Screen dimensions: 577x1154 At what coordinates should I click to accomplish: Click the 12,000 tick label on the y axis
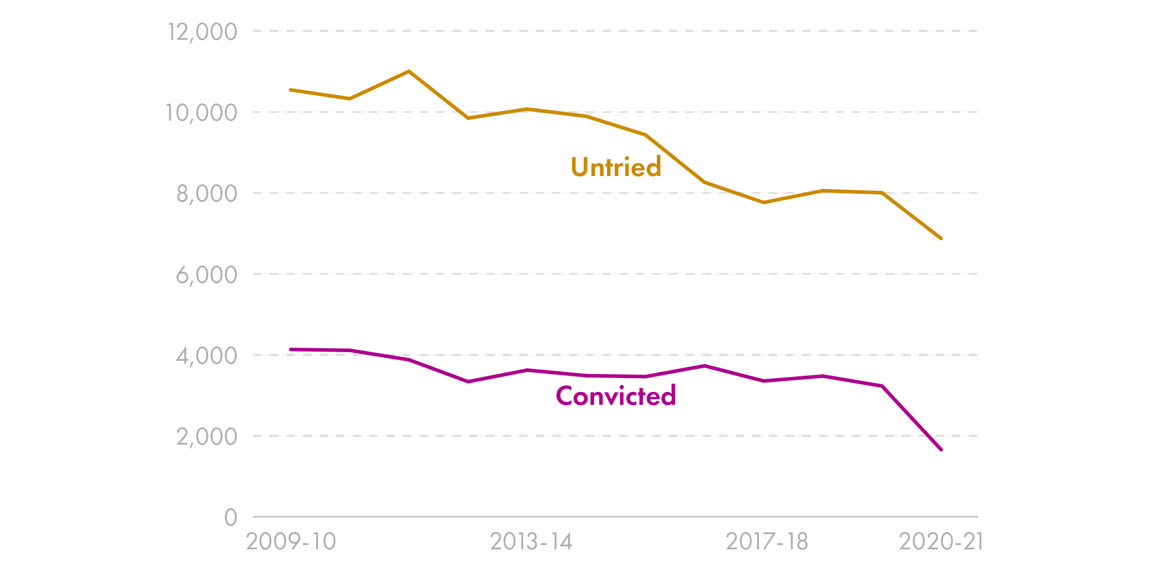coord(202,32)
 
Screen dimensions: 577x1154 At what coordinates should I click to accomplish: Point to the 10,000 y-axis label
coord(201,113)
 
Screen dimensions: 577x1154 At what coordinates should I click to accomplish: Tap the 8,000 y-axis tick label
coord(206,194)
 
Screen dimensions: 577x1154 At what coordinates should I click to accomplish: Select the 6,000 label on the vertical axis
coord(206,275)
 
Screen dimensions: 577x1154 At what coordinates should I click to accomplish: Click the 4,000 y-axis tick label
coord(206,356)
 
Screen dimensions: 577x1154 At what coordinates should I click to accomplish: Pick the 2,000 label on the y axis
coord(206,437)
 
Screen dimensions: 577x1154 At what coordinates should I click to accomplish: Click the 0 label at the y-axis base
coord(230,517)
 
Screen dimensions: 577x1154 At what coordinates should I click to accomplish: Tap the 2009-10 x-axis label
coord(291,542)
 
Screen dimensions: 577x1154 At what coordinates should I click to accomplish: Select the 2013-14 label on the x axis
coord(531,542)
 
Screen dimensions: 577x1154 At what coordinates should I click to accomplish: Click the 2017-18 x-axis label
coord(766,542)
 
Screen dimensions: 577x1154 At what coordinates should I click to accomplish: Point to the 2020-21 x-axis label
coord(941,542)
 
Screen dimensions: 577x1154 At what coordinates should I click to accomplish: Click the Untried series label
coord(616,167)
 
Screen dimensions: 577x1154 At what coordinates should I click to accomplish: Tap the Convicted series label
coord(616,396)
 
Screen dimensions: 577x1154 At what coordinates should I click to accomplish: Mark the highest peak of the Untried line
coord(409,71)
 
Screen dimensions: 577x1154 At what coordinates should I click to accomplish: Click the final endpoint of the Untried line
coord(941,238)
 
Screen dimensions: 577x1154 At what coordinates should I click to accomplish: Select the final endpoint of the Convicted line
coord(941,449)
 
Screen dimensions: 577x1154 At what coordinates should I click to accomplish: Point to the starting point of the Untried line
coord(291,90)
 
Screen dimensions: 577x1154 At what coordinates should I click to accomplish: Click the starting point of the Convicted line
coord(291,349)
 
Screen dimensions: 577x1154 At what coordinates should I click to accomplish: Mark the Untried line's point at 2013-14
coord(527,109)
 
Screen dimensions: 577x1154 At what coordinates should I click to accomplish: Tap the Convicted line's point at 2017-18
coord(764,381)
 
